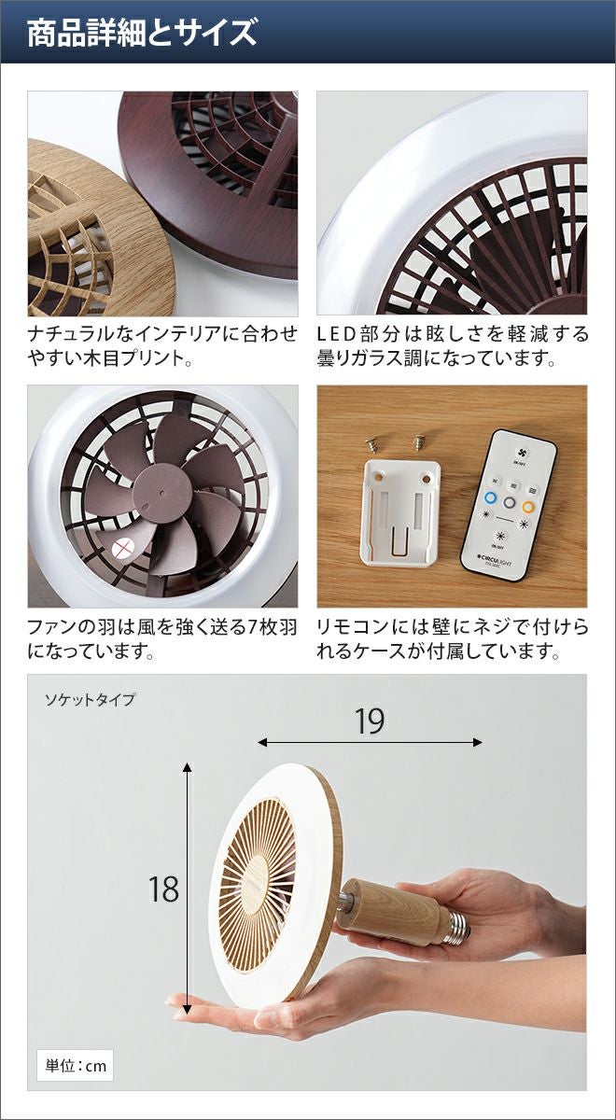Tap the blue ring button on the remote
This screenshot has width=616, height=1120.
[x=491, y=498]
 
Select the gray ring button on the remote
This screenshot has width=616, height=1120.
[x=510, y=502]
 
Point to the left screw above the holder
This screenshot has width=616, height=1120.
[x=371, y=443]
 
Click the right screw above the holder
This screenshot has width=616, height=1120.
[x=418, y=441]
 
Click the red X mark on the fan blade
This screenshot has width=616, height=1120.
[x=121, y=549]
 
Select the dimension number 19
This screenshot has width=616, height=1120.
[x=370, y=721]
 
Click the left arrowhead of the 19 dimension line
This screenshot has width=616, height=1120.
[x=261, y=743]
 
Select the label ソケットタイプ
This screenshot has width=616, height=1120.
[x=90, y=699]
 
